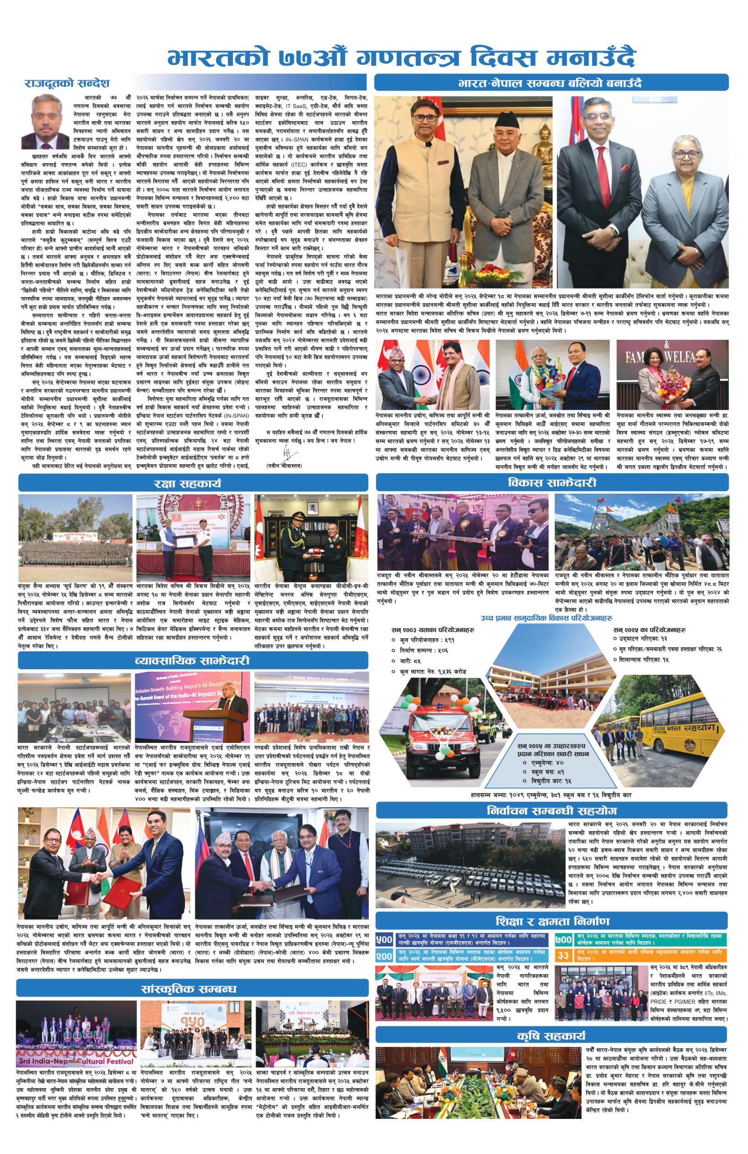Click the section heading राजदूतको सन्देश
[x=68, y=83]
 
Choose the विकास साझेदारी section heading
[x=552, y=482]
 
